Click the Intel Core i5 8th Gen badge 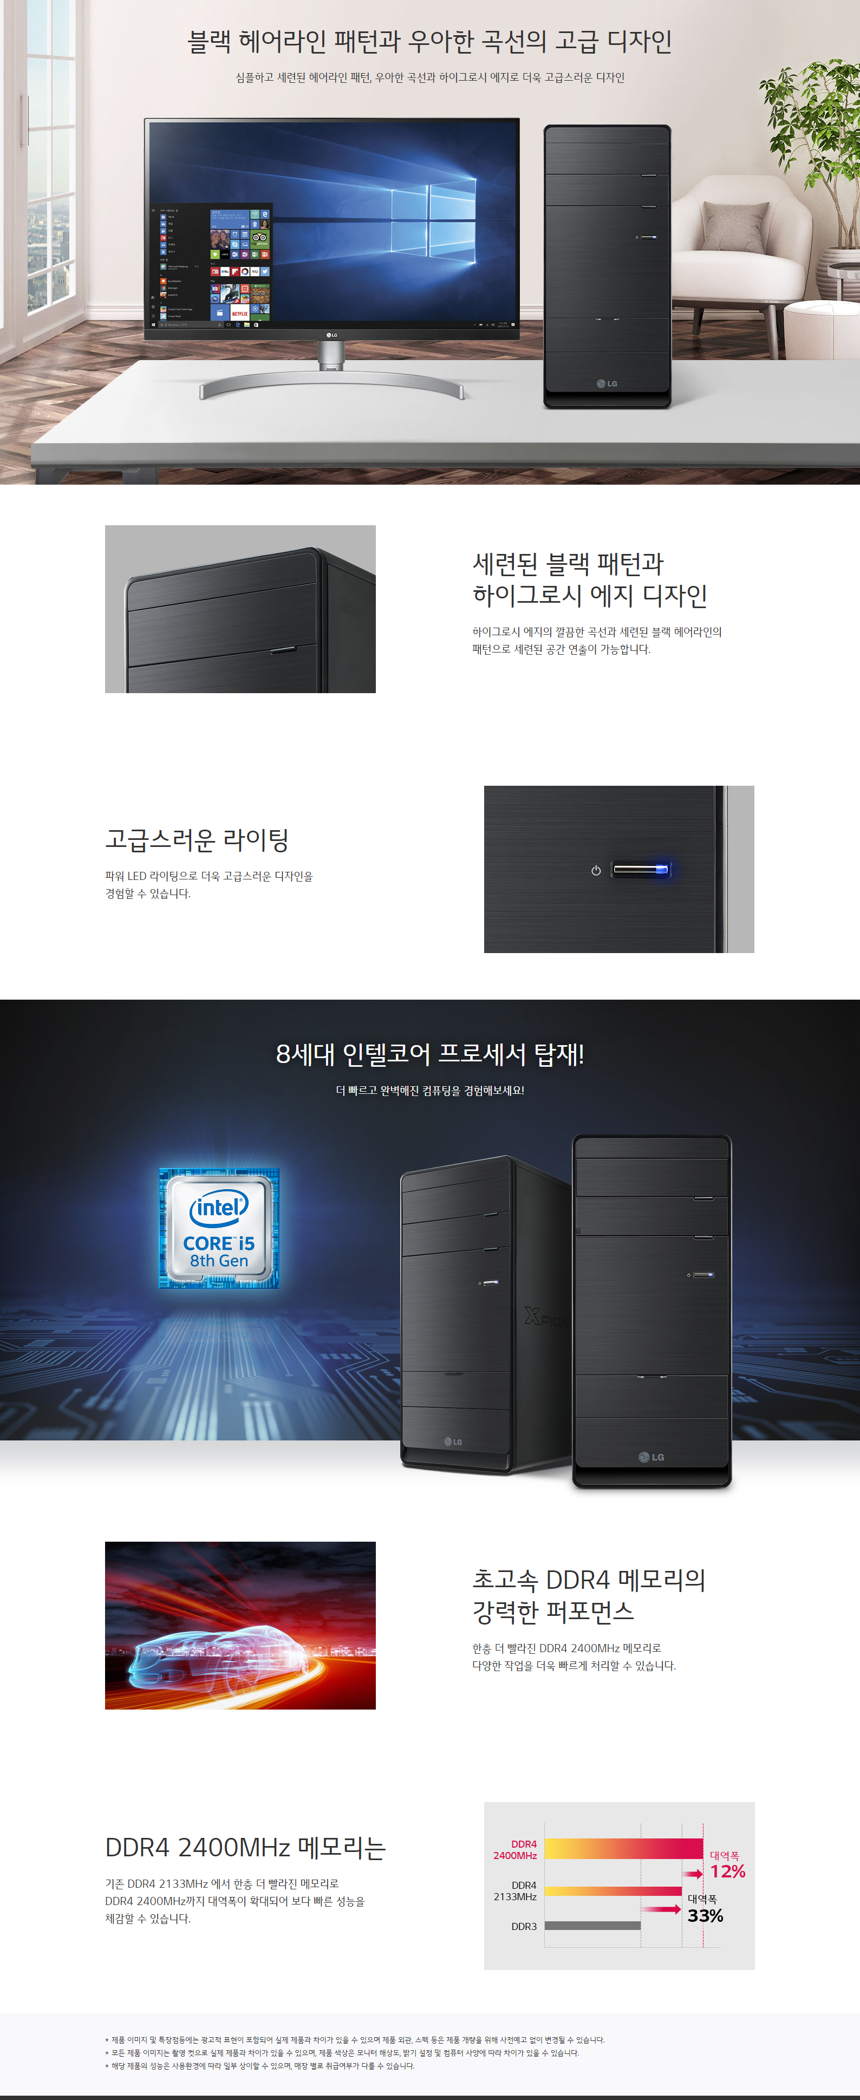(x=218, y=1228)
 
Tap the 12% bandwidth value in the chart (x=727, y=1871)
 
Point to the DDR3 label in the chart (x=524, y=1926)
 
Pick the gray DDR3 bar (x=592, y=1926)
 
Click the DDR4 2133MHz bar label (x=515, y=1890)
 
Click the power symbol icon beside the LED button (x=596, y=871)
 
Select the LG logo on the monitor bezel (x=332, y=334)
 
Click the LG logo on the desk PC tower (x=607, y=383)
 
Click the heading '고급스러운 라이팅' (x=197, y=839)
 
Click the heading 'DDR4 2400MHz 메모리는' (x=245, y=1847)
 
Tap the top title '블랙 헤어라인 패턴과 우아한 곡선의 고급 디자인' (x=429, y=41)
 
